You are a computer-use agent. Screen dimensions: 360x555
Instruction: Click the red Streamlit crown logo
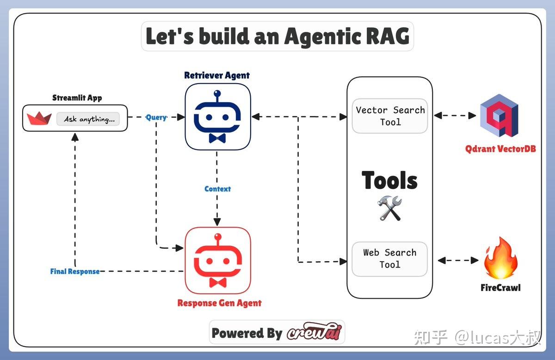tap(39, 119)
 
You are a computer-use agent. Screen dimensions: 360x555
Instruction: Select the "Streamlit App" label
tap(77, 98)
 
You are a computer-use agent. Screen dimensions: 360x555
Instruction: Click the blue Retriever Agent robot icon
tap(217, 116)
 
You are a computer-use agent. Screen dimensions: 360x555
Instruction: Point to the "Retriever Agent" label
tap(217, 75)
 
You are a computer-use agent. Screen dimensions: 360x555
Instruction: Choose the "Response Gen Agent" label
tap(219, 303)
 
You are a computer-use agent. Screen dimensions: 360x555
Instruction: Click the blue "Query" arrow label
tap(156, 117)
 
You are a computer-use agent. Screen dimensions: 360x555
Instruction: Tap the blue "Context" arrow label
tap(217, 189)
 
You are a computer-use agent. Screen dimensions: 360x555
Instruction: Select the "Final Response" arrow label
tap(74, 271)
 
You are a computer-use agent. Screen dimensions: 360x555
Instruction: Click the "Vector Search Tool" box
tap(390, 116)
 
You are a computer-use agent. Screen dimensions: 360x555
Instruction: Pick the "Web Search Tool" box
tap(389, 259)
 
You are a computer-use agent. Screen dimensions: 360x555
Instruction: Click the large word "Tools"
tap(389, 181)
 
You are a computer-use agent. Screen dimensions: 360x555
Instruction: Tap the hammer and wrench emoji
tap(389, 208)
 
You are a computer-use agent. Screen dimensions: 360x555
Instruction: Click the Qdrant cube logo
tap(499, 116)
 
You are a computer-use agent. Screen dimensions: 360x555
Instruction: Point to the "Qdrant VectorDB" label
tap(500, 149)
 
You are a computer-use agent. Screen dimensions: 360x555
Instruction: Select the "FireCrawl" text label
tap(500, 287)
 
